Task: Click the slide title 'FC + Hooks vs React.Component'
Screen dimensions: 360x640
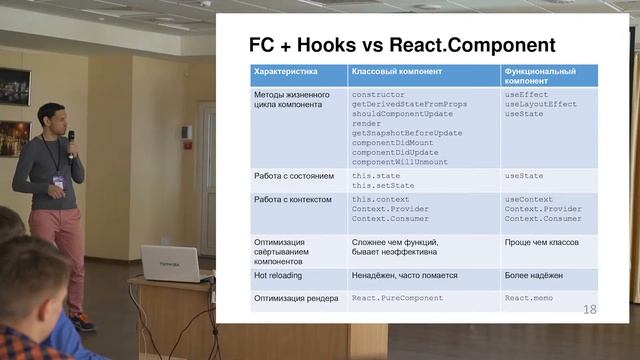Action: pos(401,46)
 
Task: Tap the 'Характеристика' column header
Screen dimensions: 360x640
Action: pos(286,73)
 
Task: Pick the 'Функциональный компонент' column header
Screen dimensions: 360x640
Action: pos(539,77)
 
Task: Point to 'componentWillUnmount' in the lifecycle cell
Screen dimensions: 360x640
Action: pos(400,161)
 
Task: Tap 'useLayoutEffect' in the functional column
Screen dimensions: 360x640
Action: pos(540,104)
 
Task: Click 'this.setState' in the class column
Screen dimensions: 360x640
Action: pos(383,186)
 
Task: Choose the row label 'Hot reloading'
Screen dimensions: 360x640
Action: pos(278,274)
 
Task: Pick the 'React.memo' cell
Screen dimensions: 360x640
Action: pos(530,298)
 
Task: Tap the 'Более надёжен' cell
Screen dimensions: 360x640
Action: pos(536,274)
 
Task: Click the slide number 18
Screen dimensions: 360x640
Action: pos(589,310)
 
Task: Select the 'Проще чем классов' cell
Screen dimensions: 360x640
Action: pos(542,242)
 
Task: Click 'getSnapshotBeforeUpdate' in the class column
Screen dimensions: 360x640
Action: pos(407,133)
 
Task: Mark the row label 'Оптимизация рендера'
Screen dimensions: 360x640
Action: pos(296,298)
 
